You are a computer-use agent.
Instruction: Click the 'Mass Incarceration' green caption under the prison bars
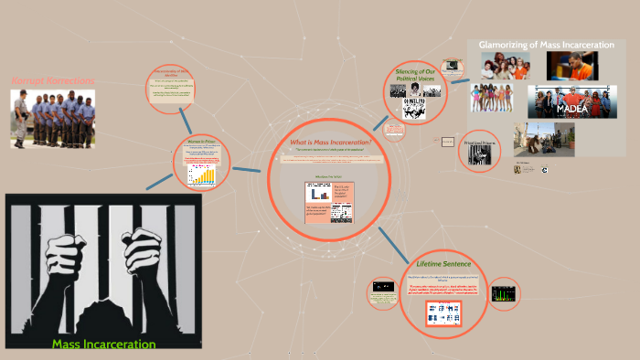[x=103, y=344]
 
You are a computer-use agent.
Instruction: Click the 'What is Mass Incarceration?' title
[x=330, y=143]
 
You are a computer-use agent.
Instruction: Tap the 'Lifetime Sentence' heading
[x=443, y=263]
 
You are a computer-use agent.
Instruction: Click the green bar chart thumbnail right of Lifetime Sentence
[x=504, y=293]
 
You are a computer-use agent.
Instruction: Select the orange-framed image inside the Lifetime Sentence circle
[x=443, y=312]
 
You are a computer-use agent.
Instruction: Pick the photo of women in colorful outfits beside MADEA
[x=496, y=97]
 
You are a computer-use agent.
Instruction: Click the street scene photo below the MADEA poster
[x=543, y=139]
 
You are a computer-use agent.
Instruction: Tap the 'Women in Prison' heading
[x=201, y=141]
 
